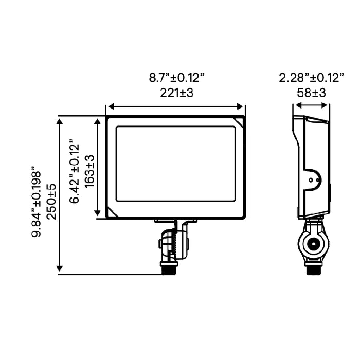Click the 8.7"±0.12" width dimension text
pos(177,78)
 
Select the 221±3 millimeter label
pos(177,93)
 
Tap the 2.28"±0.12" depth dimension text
pos(311,78)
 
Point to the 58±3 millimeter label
pos(311,93)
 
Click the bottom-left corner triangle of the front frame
pos(112,212)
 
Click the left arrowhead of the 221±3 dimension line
pos(109,107)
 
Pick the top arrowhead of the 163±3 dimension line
pos(98,120)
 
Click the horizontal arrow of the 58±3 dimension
pos(311,105)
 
